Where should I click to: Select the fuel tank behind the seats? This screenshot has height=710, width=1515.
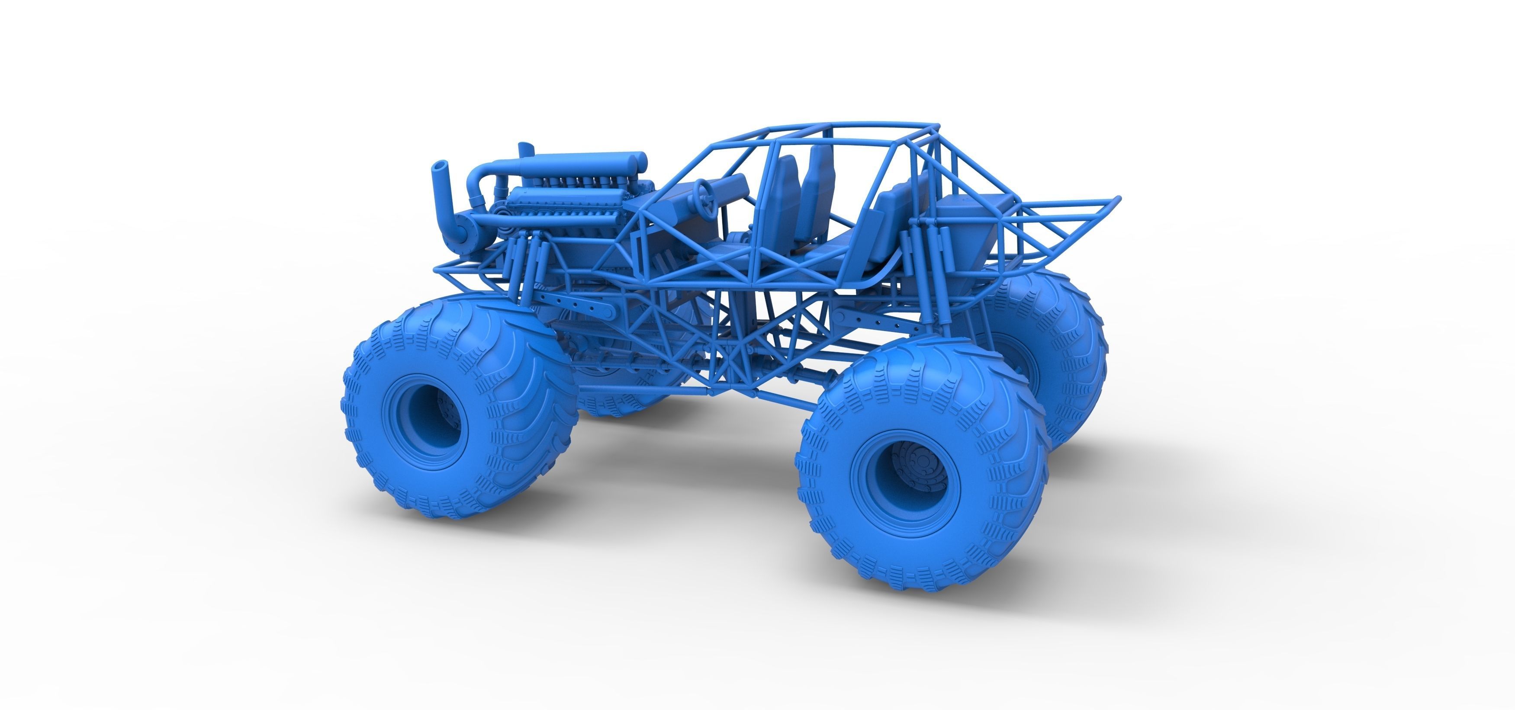point(965,226)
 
